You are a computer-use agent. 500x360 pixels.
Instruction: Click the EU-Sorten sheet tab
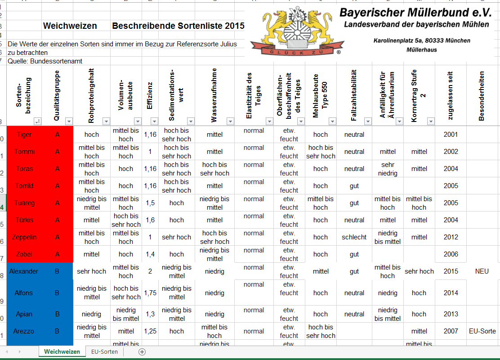point(104,351)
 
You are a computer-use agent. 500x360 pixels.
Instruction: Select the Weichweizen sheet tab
point(62,351)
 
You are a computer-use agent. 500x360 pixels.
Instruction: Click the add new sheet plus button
point(142,351)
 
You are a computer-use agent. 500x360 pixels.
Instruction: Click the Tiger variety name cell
point(24,135)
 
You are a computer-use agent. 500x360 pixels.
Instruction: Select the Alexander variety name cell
point(24,271)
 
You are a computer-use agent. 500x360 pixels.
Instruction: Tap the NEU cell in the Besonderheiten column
point(482,271)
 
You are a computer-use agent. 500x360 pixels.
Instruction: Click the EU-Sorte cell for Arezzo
point(482,331)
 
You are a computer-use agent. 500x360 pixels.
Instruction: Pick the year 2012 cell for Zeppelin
point(451,237)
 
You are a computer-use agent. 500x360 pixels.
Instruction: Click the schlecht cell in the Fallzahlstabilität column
point(354,237)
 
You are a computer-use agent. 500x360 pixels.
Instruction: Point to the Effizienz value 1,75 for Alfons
point(150,293)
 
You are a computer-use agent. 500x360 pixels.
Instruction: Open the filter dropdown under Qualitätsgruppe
point(69,121)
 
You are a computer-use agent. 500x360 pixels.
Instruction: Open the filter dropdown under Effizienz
point(154,121)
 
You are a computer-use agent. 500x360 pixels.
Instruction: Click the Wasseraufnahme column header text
point(214,95)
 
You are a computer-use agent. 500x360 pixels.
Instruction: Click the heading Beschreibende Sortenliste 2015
point(178,26)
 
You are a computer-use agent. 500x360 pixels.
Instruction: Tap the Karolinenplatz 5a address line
point(422,40)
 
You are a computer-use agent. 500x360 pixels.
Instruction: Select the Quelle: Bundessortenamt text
point(45,61)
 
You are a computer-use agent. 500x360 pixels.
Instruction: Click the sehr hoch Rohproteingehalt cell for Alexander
point(91,271)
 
